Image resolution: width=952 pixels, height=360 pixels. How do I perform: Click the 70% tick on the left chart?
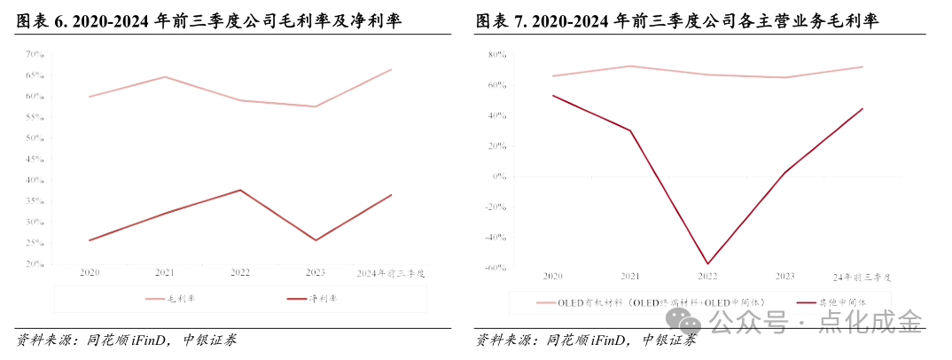tap(35, 54)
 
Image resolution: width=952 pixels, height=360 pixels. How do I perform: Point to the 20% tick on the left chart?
tap(35, 264)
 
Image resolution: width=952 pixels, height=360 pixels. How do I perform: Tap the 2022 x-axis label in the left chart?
tap(241, 273)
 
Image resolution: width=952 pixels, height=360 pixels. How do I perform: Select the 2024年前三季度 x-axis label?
tap(390, 273)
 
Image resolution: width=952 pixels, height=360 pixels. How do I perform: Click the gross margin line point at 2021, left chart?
tap(165, 77)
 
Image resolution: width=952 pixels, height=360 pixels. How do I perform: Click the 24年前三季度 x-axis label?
tap(862, 277)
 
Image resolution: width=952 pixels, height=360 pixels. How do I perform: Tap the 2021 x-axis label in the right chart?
tap(630, 277)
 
